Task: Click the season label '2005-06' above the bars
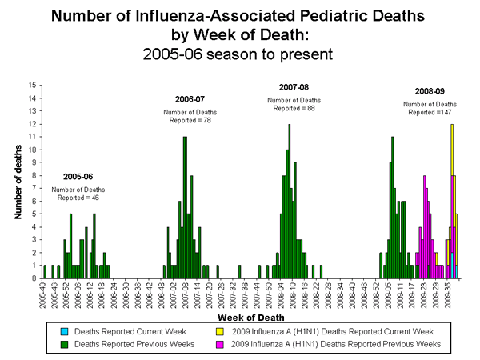(78, 176)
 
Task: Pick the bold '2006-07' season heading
(190, 99)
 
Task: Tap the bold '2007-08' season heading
(294, 86)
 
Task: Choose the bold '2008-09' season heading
(430, 91)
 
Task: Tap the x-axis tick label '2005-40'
(43, 294)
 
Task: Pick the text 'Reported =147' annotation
(430, 113)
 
